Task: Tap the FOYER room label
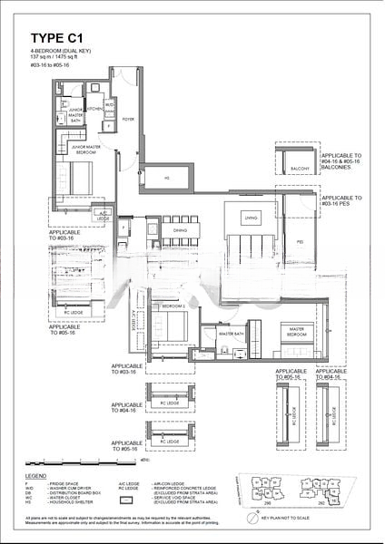[x=127, y=116]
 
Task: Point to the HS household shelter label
[x=166, y=178]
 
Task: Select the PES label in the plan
[x=300, y=242]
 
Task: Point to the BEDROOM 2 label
[x=173, y=307]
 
